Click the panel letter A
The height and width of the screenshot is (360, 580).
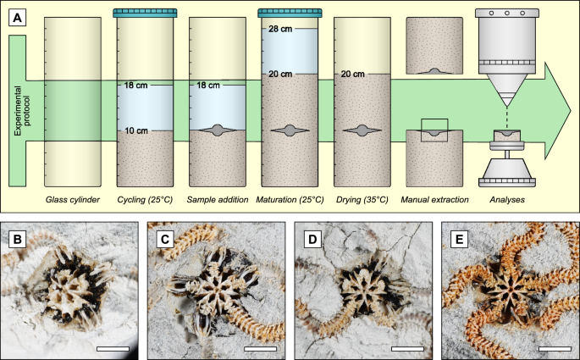click(x=17, y=18)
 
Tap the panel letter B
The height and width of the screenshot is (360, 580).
click(x=17, y=240)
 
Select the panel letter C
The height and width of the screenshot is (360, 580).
click(x=164, y=240)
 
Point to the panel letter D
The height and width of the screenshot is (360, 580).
click(x=312, y=240)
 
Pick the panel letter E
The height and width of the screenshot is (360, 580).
click(x=460, y=240)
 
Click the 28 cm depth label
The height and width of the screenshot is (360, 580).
click(x=280, y=29)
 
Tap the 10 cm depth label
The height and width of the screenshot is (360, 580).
click(x=135, y=130)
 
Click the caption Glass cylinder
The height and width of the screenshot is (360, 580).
click(x=73, y=200)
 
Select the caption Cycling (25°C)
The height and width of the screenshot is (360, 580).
click(x=145, y=200)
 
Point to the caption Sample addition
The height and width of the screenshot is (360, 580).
click(x=218, y=200)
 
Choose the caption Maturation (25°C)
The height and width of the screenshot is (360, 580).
click(x=290, y=200)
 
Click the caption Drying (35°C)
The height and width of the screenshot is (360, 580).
click(x=362, y=200)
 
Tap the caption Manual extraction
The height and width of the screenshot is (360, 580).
click(x=434, y=200)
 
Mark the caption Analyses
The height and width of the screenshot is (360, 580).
click(x=507, y=200)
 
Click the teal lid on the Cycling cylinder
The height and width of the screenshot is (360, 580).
click(x=145, y=14)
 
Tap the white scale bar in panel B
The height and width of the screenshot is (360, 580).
click(x=113, y=349)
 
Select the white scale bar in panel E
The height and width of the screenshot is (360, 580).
click(x=555, y=349)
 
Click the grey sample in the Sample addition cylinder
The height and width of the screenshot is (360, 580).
click(x=218, y=130)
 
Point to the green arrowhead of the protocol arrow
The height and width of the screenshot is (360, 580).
click(x=556, y=111)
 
